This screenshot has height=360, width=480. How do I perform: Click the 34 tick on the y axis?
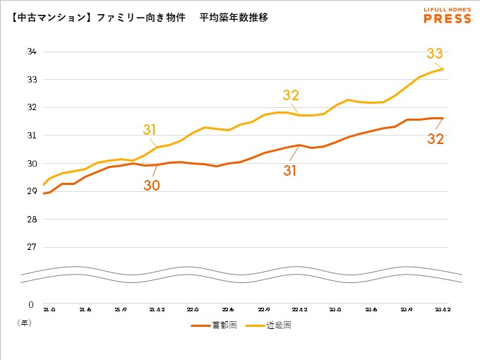[x=32, y=52]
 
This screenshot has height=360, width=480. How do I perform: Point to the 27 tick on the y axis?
[x=32, y=247]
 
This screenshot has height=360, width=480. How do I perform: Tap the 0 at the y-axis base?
[x=30, y=305]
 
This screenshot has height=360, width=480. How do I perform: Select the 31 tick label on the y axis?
[x=32, y=136]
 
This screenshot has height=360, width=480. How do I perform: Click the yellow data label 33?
[x=435, y=53]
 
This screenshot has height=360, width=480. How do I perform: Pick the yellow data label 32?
[x=291, y=95]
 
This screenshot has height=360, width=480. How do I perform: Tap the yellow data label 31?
[x=149, y=129]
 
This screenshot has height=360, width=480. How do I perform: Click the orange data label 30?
[x=152, y=186]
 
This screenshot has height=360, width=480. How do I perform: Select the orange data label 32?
[x=436, y=139]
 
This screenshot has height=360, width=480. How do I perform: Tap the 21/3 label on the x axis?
[x=49, y=309]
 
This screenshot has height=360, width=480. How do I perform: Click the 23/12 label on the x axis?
[x=442, y=309]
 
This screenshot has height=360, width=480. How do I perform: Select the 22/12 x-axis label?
[x=299, y=309]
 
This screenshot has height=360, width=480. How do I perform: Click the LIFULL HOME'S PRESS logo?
[x=447, y=16]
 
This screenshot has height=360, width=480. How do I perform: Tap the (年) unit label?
[x=24, y=321]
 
